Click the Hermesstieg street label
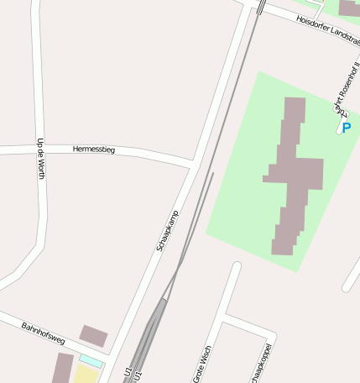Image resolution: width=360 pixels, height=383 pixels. (x=94, y=150)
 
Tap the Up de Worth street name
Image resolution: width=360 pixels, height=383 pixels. (x=39, y=160)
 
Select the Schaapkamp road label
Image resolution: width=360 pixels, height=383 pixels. (x=167, y=231)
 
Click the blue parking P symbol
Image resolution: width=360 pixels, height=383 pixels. (x=346, y=128)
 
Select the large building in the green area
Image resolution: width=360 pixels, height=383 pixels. (x=292, y=176)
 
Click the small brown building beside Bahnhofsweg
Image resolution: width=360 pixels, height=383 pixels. (x=93, y=336)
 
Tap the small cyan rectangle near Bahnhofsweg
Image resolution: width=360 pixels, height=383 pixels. (x=91, y=360)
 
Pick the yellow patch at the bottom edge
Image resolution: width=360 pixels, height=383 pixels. (x=86, y=374)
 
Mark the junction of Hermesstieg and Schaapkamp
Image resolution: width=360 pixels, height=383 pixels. (x=192, y=163)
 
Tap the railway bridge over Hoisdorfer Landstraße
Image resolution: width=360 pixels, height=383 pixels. (x=260, y=7)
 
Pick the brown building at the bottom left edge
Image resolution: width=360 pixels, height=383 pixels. (x=62, y=369)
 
